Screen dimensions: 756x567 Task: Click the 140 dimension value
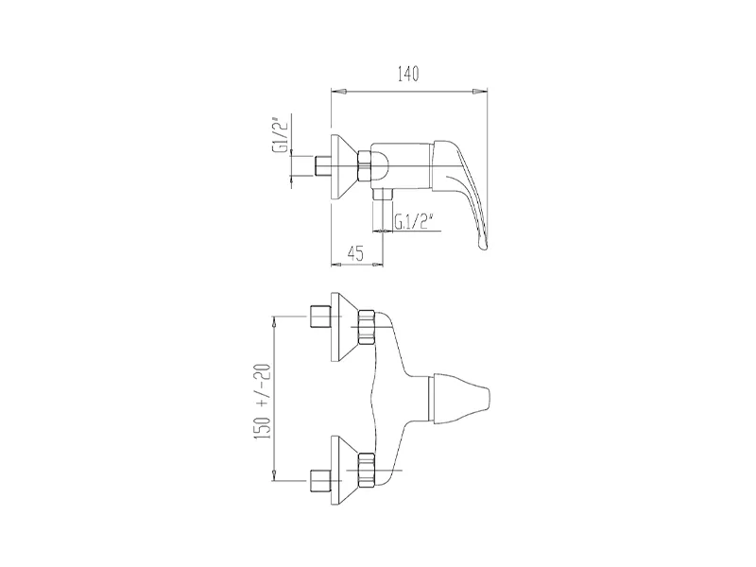(x=408, y=75)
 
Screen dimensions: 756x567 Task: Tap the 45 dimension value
(x=355, y=253)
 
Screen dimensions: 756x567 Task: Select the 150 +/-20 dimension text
(x=265, y=402)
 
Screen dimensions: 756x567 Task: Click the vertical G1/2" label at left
(x=280, y=134)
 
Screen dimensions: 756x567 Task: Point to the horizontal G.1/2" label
(x=412, y=222)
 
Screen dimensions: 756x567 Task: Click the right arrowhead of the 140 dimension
(x=480, y=91)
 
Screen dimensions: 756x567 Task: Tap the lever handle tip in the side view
(x=482, y=247)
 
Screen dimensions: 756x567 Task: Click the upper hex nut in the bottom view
(x=367, y=327)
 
